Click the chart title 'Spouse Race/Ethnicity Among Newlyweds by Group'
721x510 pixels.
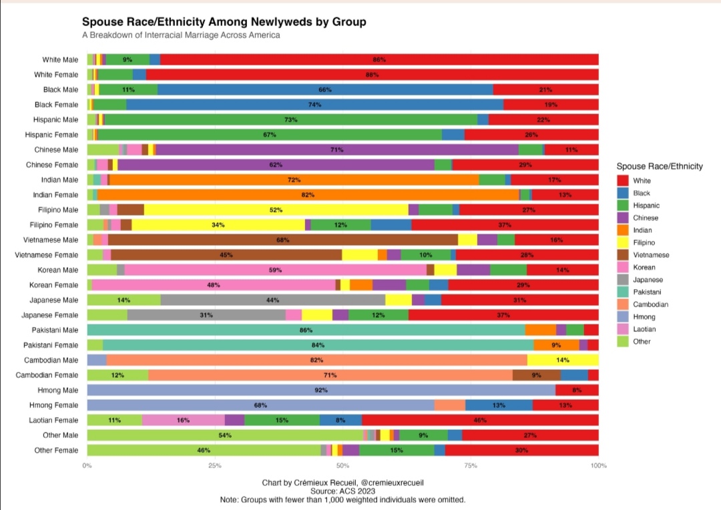224,22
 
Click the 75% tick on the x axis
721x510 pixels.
471,465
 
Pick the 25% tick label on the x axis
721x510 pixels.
214,465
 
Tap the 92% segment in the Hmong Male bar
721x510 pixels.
321,390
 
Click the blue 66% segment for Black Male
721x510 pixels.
325,89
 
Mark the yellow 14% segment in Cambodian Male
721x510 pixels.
563,360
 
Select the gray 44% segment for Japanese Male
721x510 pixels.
273,300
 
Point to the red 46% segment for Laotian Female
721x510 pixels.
480,420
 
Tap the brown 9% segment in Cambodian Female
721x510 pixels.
537,375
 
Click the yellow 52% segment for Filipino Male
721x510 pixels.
276,210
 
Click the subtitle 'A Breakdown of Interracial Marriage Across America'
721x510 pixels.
181,35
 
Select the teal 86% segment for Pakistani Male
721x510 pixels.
306,330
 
